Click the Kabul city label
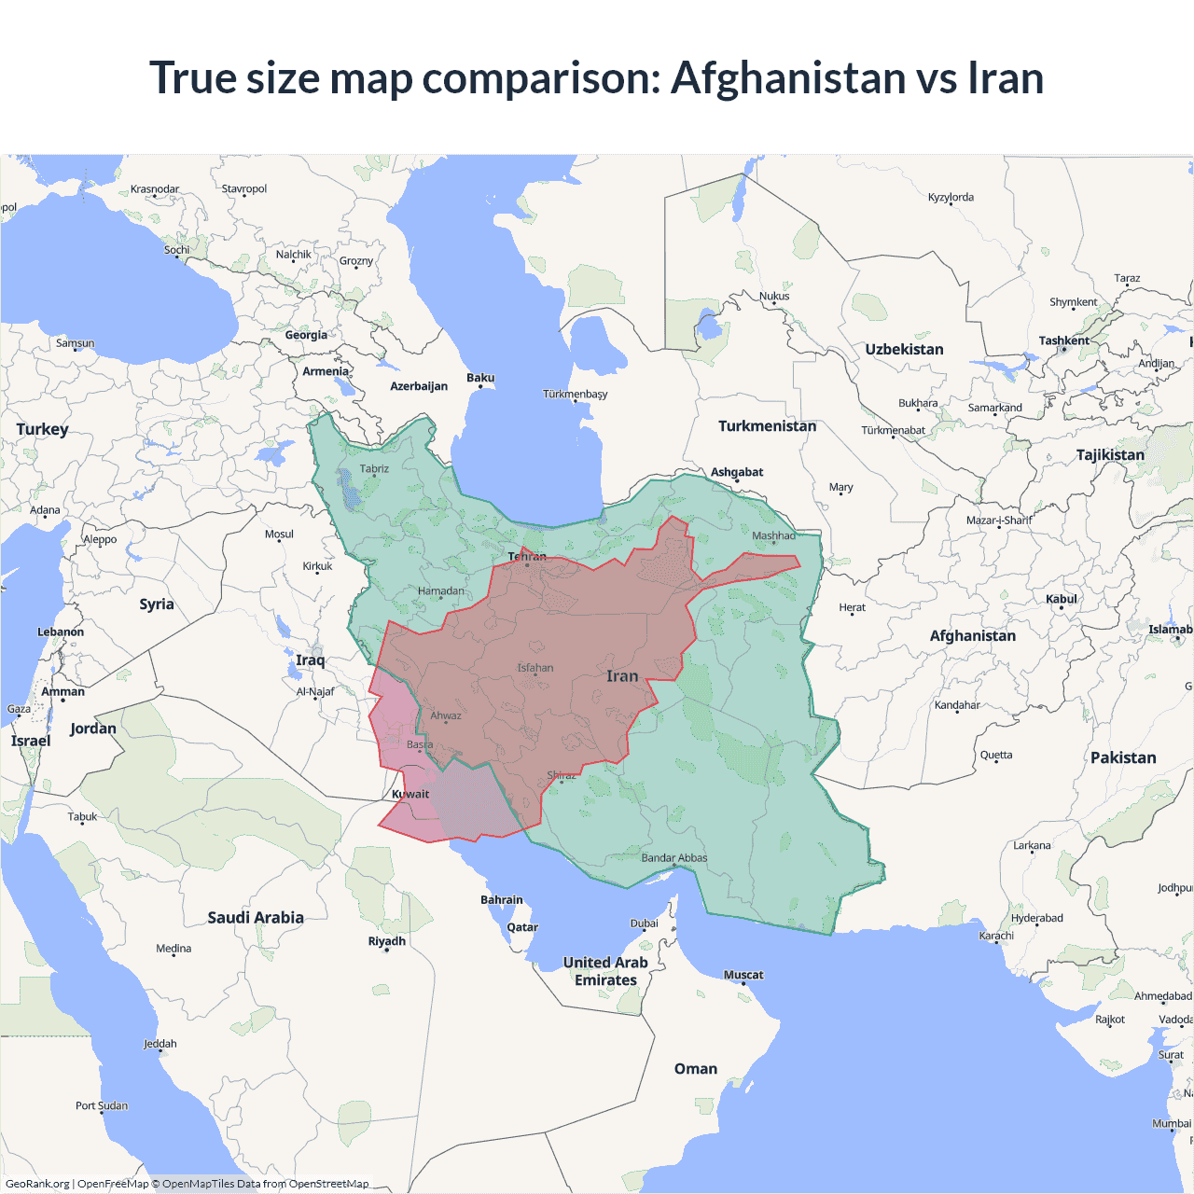pos(1061,599)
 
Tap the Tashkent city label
pos(1063,340)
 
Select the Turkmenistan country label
pos(767,426)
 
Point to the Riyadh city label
pos(386,941)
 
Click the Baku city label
pos(480,378)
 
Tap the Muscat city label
pos(743,975)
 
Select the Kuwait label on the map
pos(410,795)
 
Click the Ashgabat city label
pos(737,472)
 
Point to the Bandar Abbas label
pos(674,858)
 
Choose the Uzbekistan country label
pos(904,350)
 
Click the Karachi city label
pos(996,936)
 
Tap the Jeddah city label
pos(160,1044)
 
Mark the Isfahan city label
pos(535,668)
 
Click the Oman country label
pos(696,1069)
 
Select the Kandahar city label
pos(957,705)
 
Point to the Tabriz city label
pos(374,469)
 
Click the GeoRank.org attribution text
pos(37,1184)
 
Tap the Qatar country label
pos(522,927)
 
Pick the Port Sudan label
pos(102,1105)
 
